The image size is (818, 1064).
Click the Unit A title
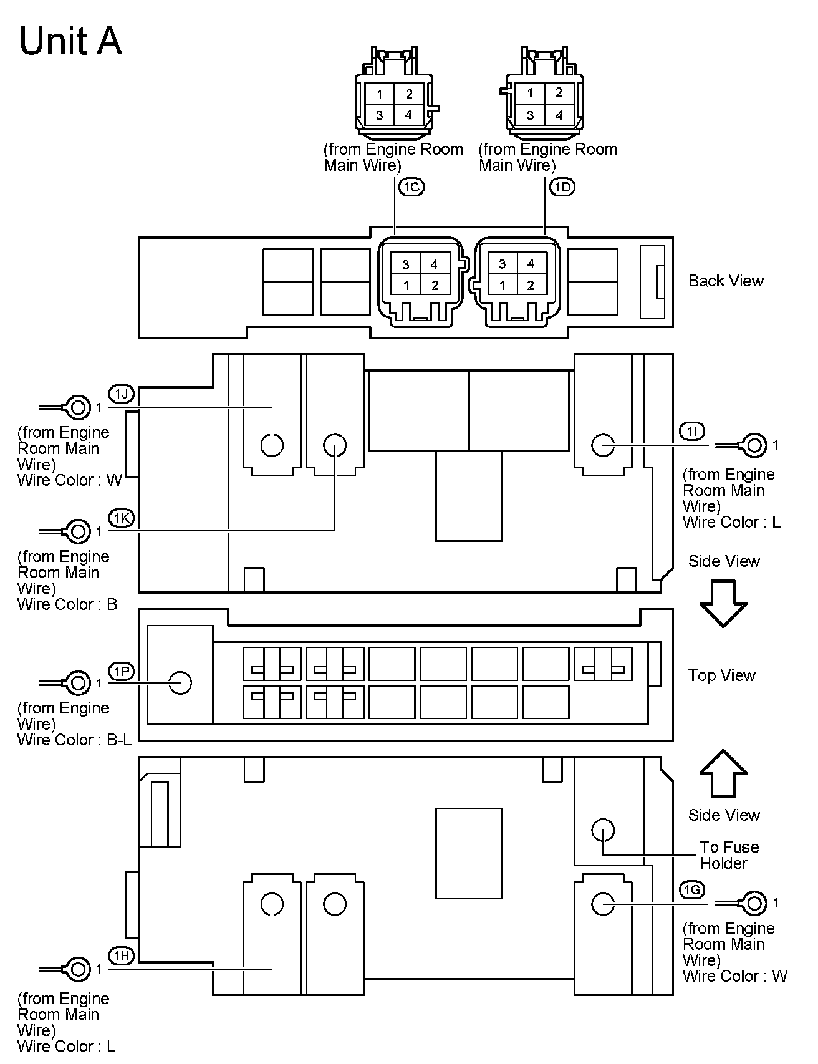pyautogui.click(x=70, y=42)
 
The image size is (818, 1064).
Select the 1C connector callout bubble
pyautogui.click(x=410, y=186)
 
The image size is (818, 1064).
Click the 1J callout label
pyautogui.click(x=122, y=394)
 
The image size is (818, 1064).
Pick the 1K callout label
pyautogui.click(x=122, y=517)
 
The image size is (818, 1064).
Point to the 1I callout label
pyautogui.click(x=692, y=431)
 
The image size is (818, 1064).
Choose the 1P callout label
pyautogui.click(x=122, y=670)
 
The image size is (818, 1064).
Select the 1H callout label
pyautogui.click(x=122, y=955)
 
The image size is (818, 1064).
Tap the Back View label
pyautogui.click(x=726, y=281)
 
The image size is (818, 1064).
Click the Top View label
pyautogui.click(x=721, y=675)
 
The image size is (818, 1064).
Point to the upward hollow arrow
pyautogui.click(x=723, y=773)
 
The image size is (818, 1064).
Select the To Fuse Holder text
pyautogui.click(x=728, y=855)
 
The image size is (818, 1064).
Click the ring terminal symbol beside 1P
pyautogui.click(x=77, y=683)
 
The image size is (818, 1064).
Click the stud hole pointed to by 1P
pyautogui.click(x=180, y=682)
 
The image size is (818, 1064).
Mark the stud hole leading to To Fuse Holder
pyautogui.click(x=603, y=829)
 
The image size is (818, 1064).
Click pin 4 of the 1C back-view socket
pyautogui.click(x=434, y=264)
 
